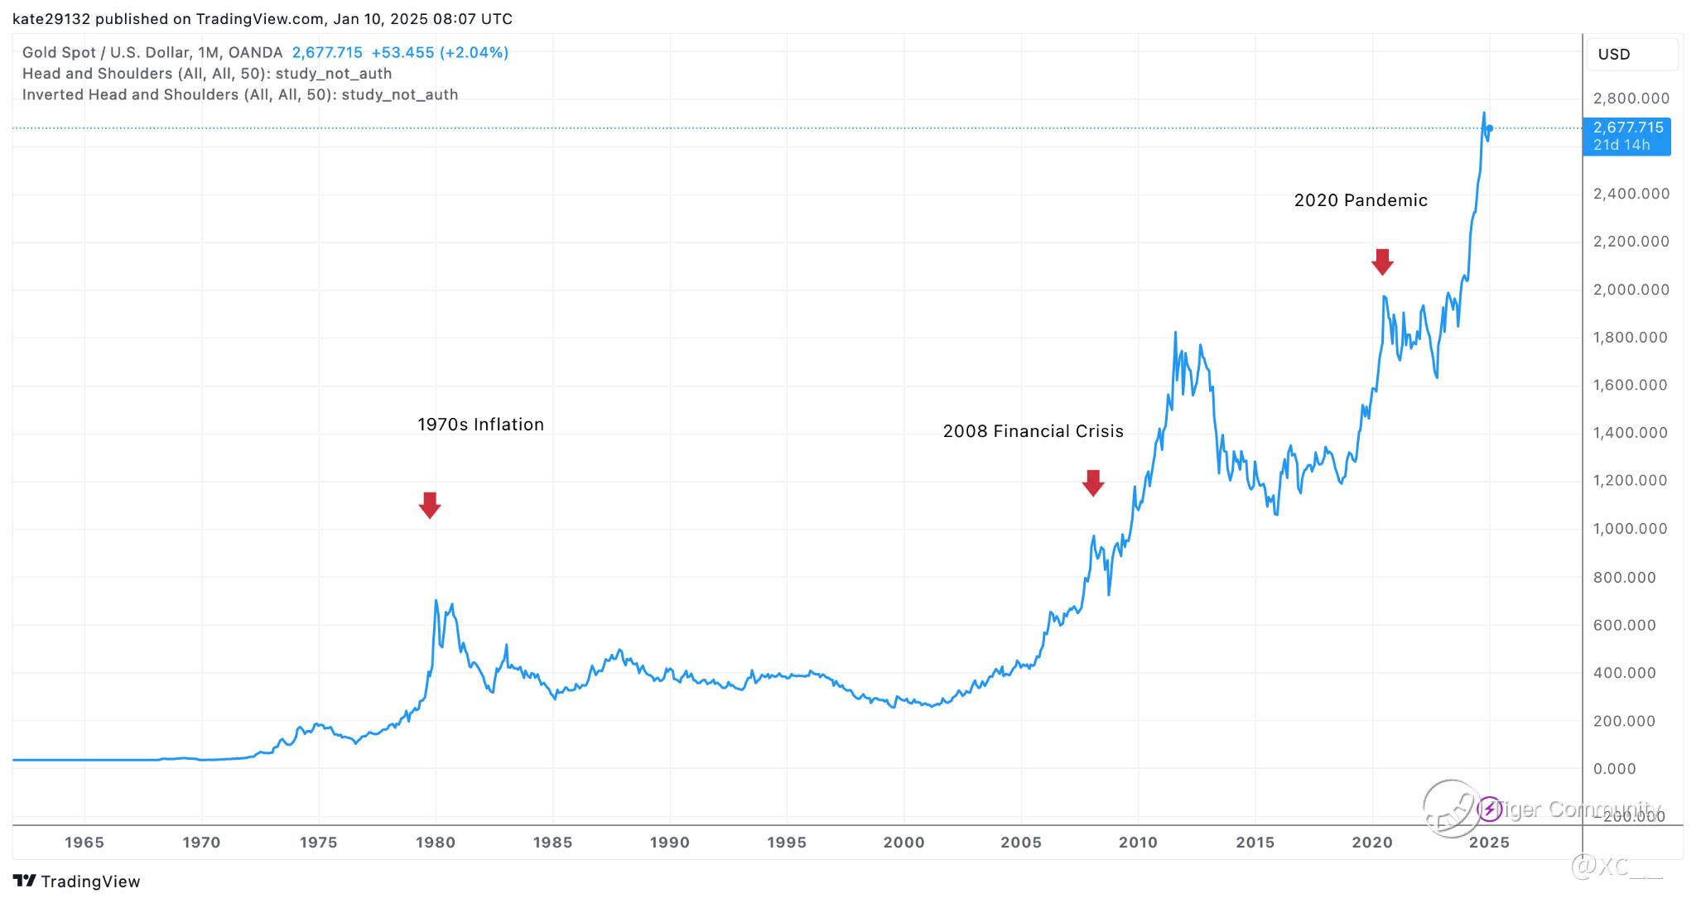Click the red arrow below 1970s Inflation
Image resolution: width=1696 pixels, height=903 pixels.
pyautogui.click(x=429, y=505)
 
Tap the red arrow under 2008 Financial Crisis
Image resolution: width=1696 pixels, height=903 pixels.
pyautogui.click(x=1093, y=483)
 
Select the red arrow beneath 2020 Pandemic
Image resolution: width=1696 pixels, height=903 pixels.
pyautogui.click(x=1382, y=262)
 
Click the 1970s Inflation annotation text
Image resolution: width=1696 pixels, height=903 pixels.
pyautogui.click(x=480, y=425)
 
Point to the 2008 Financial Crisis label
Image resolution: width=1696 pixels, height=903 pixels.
pyautogui.click(x=1033, y=431)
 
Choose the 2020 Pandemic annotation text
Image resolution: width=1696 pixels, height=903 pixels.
pyautogui.click(x=1361, y=200)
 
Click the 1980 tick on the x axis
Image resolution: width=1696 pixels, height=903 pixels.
pyautogui.click(x=436, y=843)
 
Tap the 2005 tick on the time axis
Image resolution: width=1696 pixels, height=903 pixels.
pyautogui.click(x=1021, y=843)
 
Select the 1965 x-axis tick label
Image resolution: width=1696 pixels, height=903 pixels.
pyautogui.click(x=84, y=843)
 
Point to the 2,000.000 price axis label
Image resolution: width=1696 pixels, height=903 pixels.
pyautogui.click(x=1631, y=290)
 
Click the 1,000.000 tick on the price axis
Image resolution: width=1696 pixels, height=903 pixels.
pyautogui.click(x=1631, y=529)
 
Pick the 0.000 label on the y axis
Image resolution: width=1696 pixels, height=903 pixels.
pyautogui.click(x=1614, y=769)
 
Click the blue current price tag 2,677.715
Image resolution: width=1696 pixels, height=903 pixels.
pyautogui.click(x=1626, y=136)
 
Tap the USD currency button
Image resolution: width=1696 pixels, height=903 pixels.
pyautogui.click(x=1614, y=55)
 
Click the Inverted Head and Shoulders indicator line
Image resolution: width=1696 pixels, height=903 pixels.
pyautogui.click(x=240, y=95)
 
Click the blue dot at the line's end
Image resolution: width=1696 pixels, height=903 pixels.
pyautogui.click(x=1490, y=128)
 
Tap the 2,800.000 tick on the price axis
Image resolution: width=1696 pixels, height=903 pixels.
pyautogui.click(x=1631, y=98)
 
